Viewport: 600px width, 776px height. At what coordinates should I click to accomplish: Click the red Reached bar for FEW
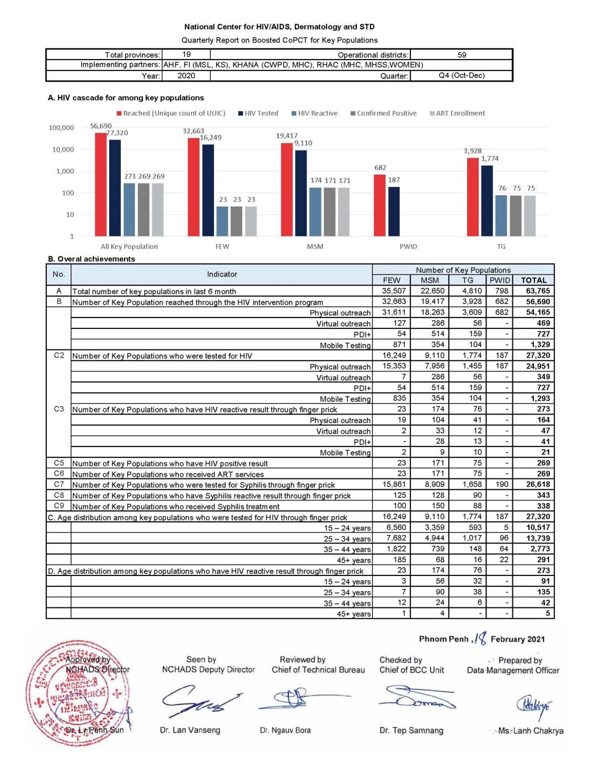point(194,187)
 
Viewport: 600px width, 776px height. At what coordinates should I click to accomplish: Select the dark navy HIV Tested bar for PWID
point(394,212)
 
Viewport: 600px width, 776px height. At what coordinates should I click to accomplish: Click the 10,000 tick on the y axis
point(63,149)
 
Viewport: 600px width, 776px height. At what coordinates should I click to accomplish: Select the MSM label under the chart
point(315,246)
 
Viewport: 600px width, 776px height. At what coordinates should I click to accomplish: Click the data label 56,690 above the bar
point(101,126)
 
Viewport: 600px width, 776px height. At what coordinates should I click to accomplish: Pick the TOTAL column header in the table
point(533,280)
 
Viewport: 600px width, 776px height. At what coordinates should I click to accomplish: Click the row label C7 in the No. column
point(59,484)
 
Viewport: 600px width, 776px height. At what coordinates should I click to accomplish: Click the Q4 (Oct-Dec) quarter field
point(462,76)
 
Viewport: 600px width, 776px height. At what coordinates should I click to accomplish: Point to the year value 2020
point(186,76)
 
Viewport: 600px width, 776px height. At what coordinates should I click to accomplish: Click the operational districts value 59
point(462,55)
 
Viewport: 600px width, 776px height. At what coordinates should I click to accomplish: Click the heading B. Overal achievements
point(92,259)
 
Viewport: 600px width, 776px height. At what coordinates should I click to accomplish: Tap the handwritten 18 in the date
point(480,638)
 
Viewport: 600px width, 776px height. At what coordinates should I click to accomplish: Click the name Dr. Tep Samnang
point(411,730)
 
